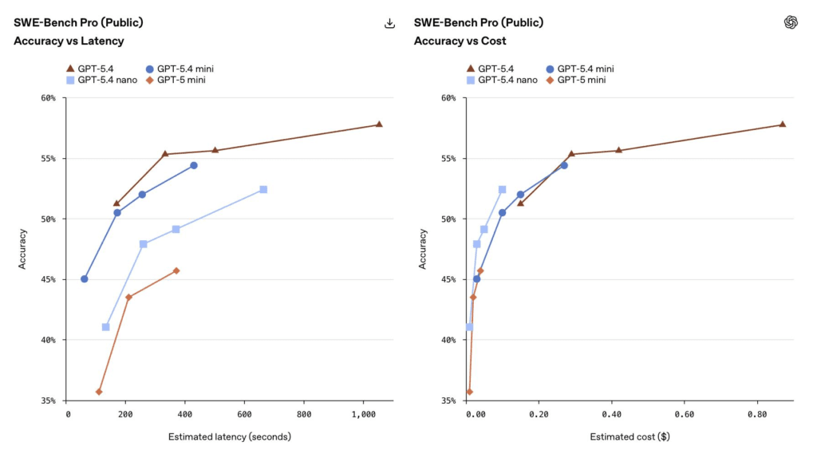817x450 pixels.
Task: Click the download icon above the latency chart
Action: (389, 23)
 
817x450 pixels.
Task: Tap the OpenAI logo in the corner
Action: (791, 22)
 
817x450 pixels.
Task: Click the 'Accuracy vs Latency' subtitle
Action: (69, 41)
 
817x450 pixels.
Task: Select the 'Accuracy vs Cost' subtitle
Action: (460, 41)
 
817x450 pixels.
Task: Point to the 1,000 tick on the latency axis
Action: (363, 415)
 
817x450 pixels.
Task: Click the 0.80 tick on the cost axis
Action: (756, 415)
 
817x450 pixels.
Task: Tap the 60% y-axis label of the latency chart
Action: (48, 98)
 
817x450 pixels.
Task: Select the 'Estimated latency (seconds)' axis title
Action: (229, 436)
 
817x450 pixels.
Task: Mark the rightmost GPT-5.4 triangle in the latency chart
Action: (379, 124)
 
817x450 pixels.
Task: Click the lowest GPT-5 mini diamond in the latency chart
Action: (99, 392)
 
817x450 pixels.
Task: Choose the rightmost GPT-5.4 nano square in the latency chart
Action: (263, 189)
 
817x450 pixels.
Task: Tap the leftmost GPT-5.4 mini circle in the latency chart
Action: (85, 278)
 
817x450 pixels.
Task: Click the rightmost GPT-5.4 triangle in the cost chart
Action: (782, 124)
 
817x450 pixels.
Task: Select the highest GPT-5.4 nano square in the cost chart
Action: (502, 189)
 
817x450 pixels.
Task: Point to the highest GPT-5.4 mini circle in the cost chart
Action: (564, 165)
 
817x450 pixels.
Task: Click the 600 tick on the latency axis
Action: (245, 415)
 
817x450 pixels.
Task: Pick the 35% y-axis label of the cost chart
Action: (448, 401)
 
